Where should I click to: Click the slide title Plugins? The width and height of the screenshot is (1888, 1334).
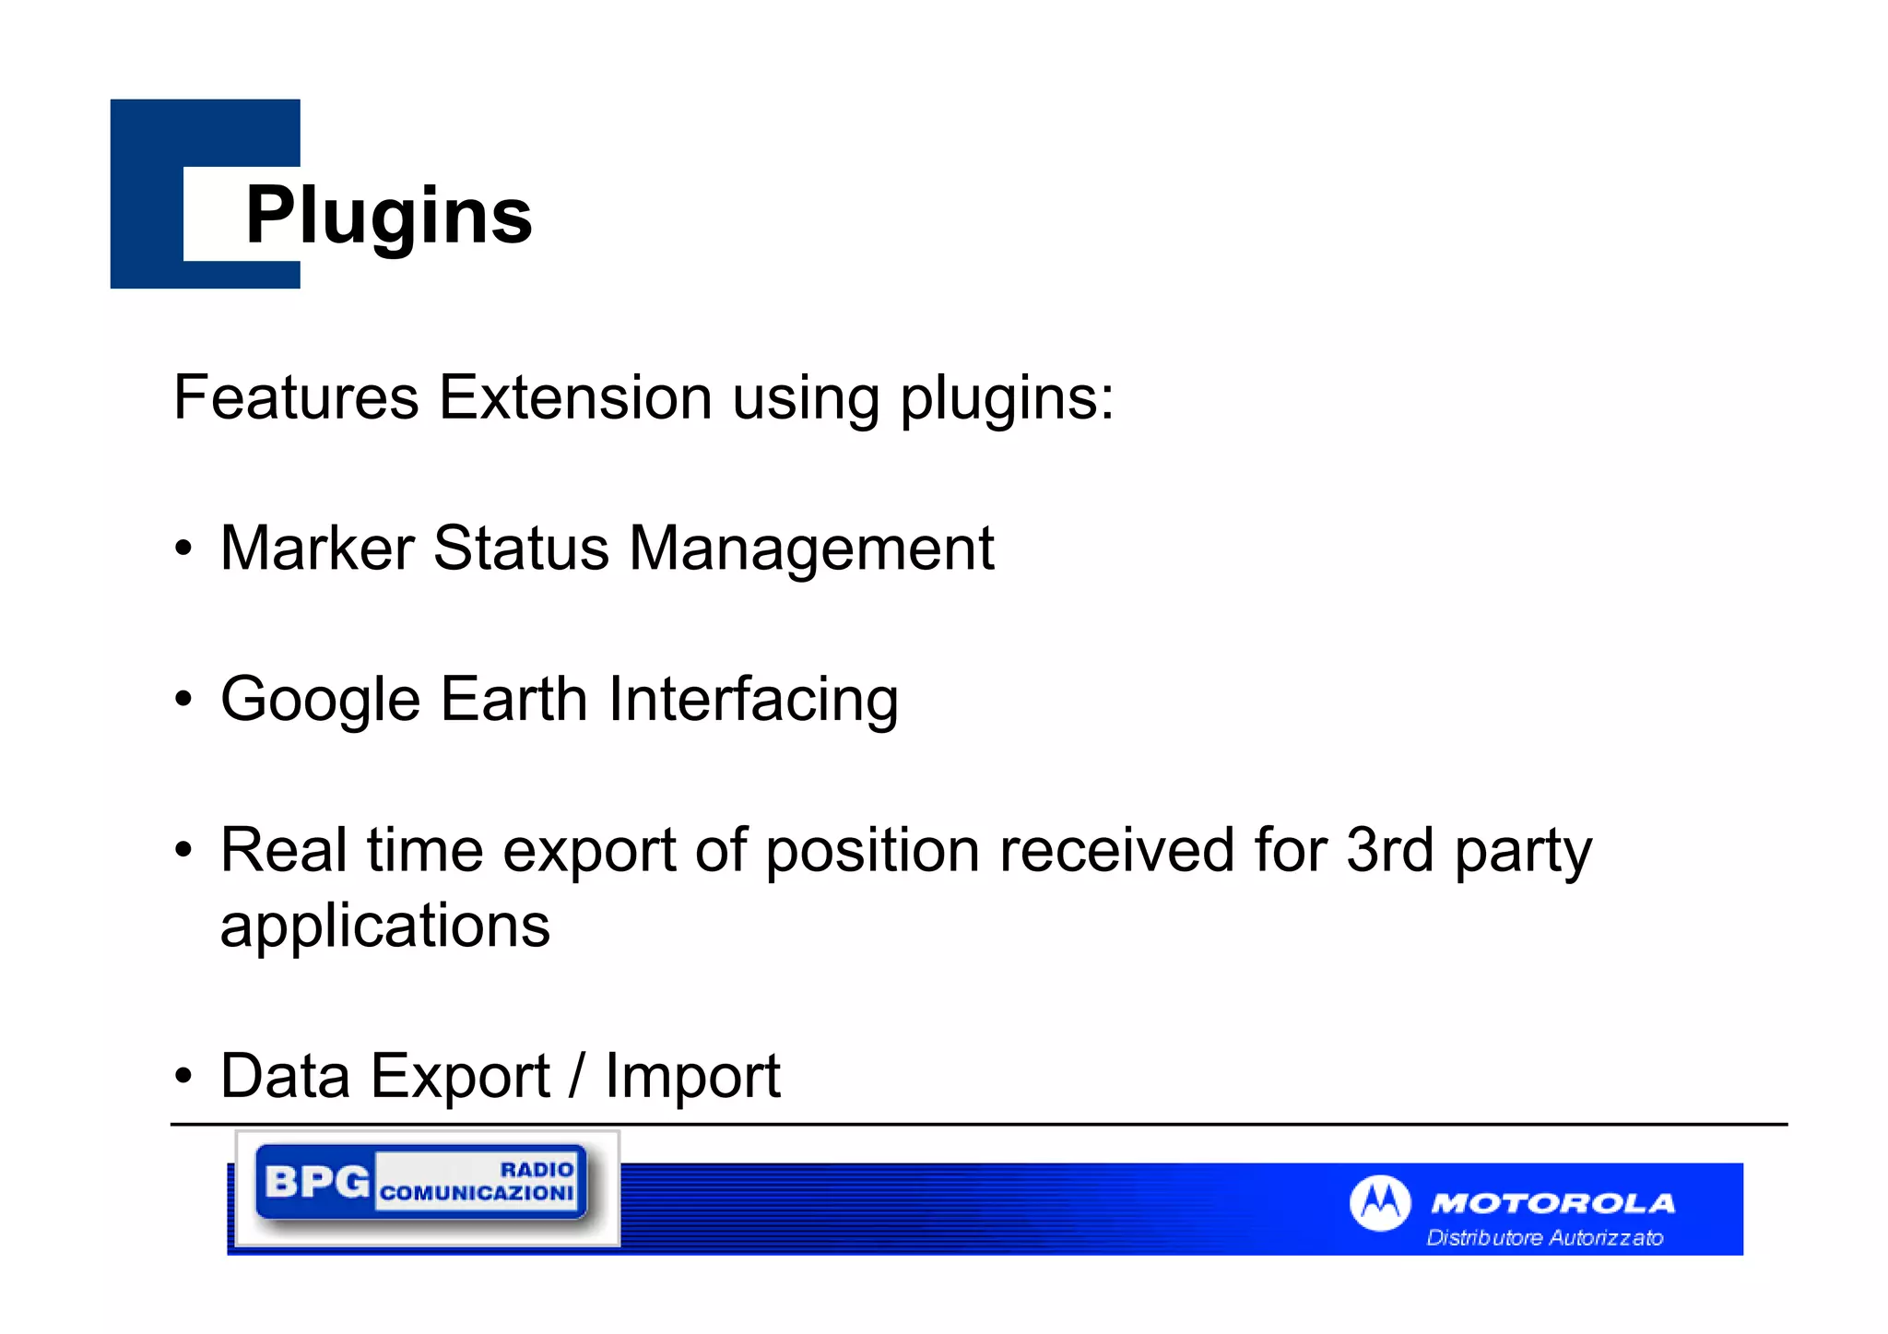[x=388, y=215]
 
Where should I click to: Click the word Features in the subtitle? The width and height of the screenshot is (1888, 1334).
[x=296, y=397]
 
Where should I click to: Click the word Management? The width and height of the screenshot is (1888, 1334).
[x=811, y=549]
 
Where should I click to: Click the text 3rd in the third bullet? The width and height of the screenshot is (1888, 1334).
[x=1389, y=849]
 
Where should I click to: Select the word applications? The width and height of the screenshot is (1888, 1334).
[x=384, y=926]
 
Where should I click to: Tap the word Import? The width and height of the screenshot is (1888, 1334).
[x=692, y=1076]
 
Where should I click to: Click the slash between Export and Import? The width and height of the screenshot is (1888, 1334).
[x=577, y=1076]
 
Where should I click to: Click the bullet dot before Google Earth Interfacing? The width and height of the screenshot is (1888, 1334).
[x=184, y=700]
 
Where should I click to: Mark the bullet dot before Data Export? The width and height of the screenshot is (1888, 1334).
[x=184, y=1076]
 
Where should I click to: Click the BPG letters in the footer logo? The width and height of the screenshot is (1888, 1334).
[x=316, y=1182]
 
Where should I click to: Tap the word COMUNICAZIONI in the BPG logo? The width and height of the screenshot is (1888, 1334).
[x=477, y=1193]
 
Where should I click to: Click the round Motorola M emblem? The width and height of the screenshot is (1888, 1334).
[x=1379, y=1202]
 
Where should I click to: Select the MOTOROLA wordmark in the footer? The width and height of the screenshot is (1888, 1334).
[x=1552, y=1203]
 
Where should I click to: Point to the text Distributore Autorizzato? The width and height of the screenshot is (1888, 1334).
[x=1544, y=1237]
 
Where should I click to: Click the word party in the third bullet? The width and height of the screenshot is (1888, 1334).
[x=1523, y=851]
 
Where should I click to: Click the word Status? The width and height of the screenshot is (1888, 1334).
[x=521, y=549]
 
